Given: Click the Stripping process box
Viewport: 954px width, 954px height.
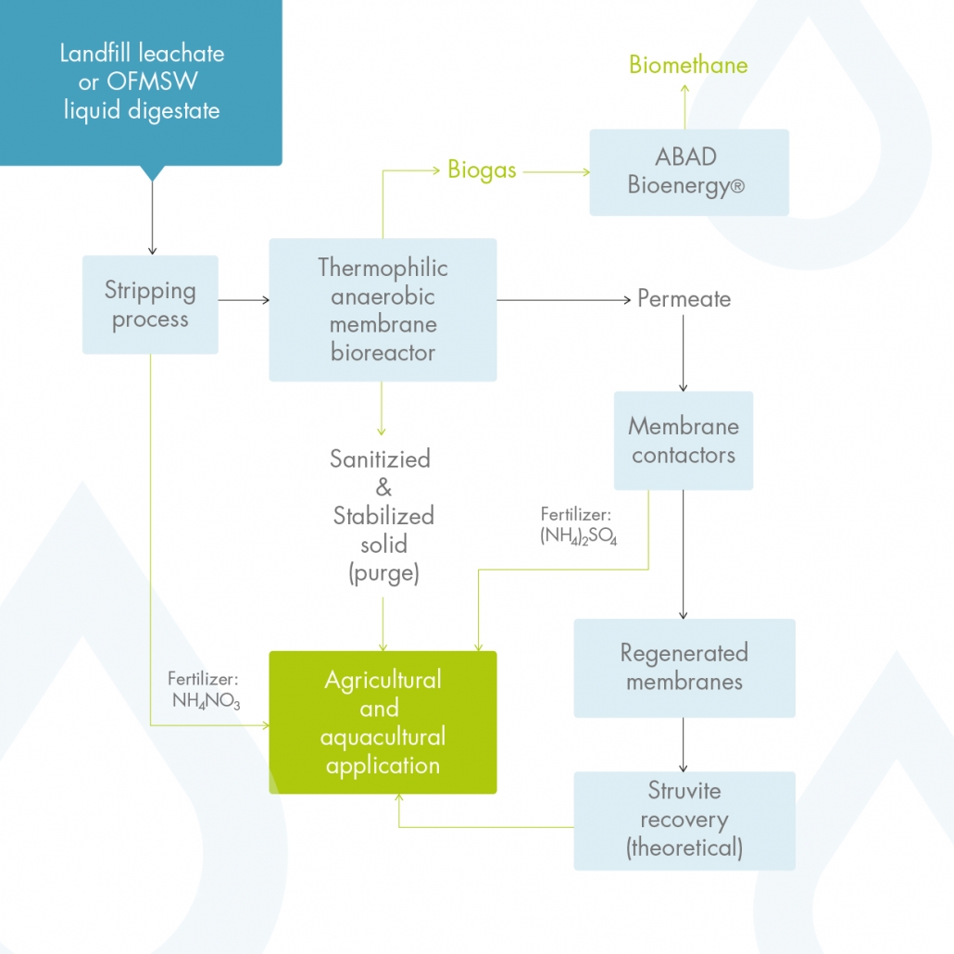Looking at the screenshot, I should [x=150, y=305].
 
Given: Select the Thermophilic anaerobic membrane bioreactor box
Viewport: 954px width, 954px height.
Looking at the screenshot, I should [x=383, y=309].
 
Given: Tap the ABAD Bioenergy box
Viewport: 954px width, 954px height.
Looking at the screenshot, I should [x=689, y=172].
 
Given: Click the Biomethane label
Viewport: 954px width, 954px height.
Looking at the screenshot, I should [x=688, y=65].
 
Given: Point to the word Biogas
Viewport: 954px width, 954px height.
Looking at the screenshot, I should [x=482, y=170].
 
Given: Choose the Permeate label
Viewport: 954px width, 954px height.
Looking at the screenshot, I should [x=684, y=299].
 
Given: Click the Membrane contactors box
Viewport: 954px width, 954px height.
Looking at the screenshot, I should [x=684, y=441].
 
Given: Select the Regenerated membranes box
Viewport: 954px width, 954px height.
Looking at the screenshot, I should [x=684, y=668].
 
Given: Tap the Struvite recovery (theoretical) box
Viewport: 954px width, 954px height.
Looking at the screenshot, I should [x=684, y=820].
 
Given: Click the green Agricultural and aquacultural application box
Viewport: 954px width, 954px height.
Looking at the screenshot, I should [x=383, y=722].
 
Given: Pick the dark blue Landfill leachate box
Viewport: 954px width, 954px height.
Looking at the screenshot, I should [x=141, y=82].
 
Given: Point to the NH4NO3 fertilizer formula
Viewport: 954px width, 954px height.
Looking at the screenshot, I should [x=206, y=701].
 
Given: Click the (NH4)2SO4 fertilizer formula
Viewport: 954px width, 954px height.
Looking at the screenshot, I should [x=578, y=536].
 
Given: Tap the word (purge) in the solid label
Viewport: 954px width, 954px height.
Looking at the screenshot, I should [x=383, y=573].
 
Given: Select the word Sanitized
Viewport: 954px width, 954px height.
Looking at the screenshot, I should [x=380, y=458].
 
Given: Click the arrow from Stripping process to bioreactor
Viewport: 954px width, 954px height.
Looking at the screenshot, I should [x=244, y=300].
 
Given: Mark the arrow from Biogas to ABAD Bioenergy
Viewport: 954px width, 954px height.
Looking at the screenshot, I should [x=554, y=171].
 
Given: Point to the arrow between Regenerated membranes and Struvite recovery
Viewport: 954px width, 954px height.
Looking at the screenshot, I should [x=684, y=745].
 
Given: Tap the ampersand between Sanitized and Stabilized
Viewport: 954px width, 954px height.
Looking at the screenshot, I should [x=383, y=487].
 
